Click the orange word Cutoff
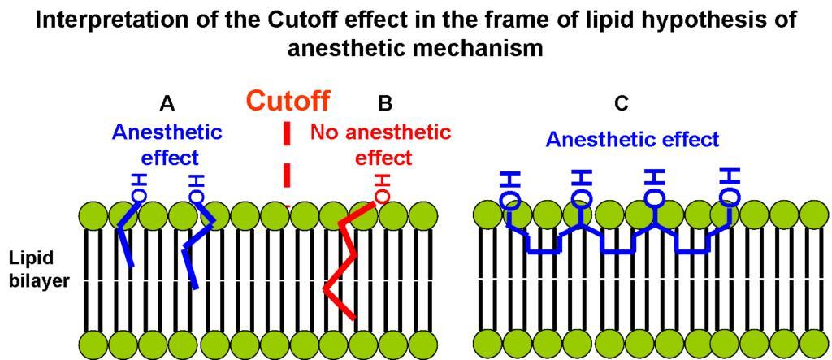(288, 101)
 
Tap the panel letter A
(167, 103)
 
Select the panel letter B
(385, 103)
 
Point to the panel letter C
(622, 103)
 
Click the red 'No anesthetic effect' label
(380, 144)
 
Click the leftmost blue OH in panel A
(138, 187)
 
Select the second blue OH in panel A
(196, 187)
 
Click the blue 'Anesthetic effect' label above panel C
(632, 140)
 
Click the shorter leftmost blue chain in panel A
(126, 240)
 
